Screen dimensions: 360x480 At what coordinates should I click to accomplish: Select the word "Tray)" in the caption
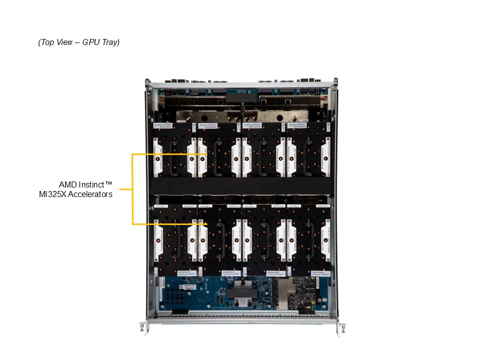(110, 42)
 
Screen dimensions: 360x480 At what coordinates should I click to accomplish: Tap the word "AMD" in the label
(69, 184)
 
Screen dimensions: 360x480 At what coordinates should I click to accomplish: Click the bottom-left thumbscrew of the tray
(142, 327)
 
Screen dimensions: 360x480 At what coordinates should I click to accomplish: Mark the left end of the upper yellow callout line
(132, 154)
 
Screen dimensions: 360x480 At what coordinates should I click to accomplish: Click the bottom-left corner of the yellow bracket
(132, 224)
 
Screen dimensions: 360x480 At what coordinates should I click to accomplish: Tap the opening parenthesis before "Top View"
(39, 42)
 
